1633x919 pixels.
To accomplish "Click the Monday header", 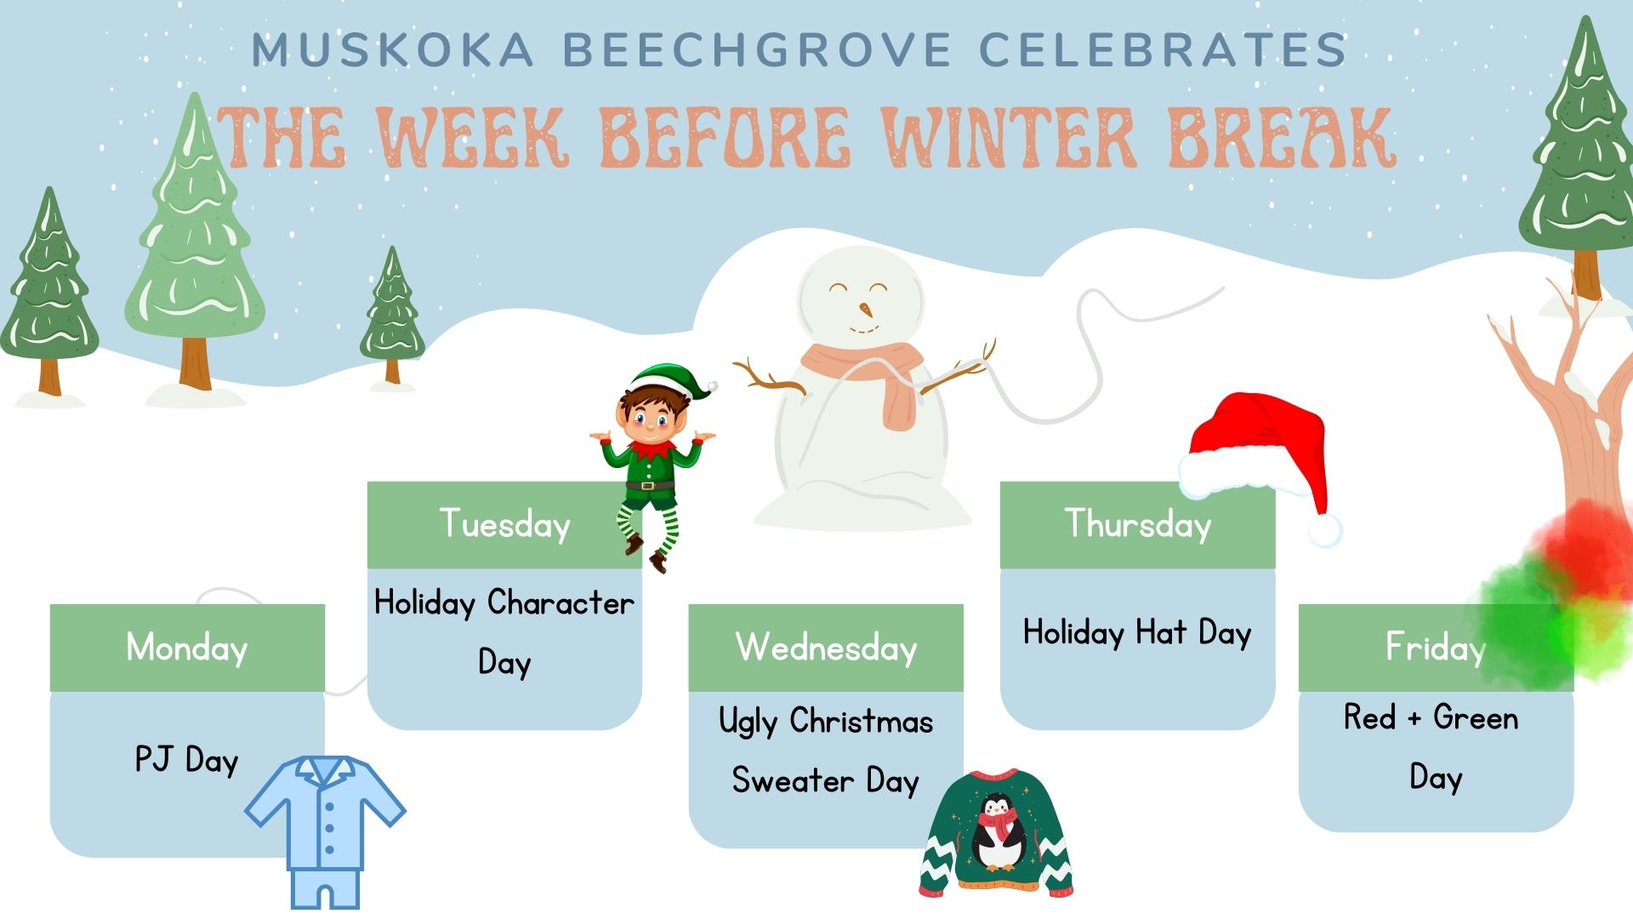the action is pyautogui.click(x=187, y=648).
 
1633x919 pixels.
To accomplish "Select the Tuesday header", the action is pyautogui.click(x=504, y=524).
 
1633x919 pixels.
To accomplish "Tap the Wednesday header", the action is pyautogui.click(x=826, y=648).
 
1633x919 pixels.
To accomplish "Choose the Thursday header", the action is pyautogui.click(x=1138, y=524).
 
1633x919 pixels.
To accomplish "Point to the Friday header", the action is pyautogui.click(x=1436, y=648).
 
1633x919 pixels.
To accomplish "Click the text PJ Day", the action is pyautogui.click(x=187, y=760).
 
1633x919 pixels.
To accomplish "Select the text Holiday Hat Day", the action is pyautogui.click(x=1137, y=633).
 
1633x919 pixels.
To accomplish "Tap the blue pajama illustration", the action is pyautogui.click(x=326, y=831).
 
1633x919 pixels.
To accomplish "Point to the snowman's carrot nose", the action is pyautogui.click(x=867, y=308).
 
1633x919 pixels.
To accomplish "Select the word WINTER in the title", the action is pyautogui.click(x=1010, y=137).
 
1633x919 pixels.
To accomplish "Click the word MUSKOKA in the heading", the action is pyautogui.click(x=393, y=49).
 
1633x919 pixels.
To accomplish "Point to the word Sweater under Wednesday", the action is pyautogui.click(x=793, y=780).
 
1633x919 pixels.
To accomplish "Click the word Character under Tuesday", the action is pyautogui.click(x=560, y=603).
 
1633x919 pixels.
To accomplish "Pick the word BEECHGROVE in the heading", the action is pyautogui.click(x=757, y=49).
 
